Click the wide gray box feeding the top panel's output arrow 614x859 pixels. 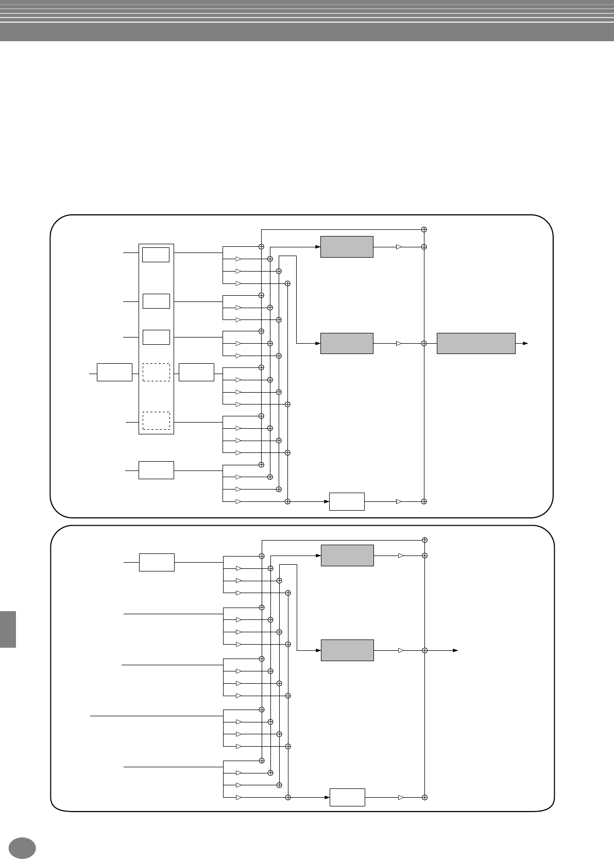(x=476, y=343)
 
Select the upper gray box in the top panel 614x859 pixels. (x=347, y=247)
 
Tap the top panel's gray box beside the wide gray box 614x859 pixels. (x=347, y=343)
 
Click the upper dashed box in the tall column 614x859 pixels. (x=156, y=372)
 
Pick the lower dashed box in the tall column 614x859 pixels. (x=156, y=420)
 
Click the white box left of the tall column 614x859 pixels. (x=114, y=372)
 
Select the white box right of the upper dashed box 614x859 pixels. (x=196, y=372)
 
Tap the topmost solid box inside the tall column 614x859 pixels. (x=156, y=255)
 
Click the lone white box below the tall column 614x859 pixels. (x=156, y=470)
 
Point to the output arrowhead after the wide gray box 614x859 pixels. (x=525, y=343)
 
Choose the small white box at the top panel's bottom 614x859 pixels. (x=347, y=501)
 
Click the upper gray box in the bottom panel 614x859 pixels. (x=347, y=555)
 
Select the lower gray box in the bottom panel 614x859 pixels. (x=347, y=650)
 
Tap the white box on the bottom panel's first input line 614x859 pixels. (x=157, y=562)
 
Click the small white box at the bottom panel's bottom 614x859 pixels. (x=347, y=797)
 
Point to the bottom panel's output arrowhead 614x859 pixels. (x=455, y=650)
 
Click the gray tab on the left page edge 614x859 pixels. (x=8, y=629)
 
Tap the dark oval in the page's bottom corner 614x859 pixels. (x=22, y=848)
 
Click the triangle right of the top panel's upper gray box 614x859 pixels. (x=399, y=247)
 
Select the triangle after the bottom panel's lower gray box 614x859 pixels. (x=401, y=650)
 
